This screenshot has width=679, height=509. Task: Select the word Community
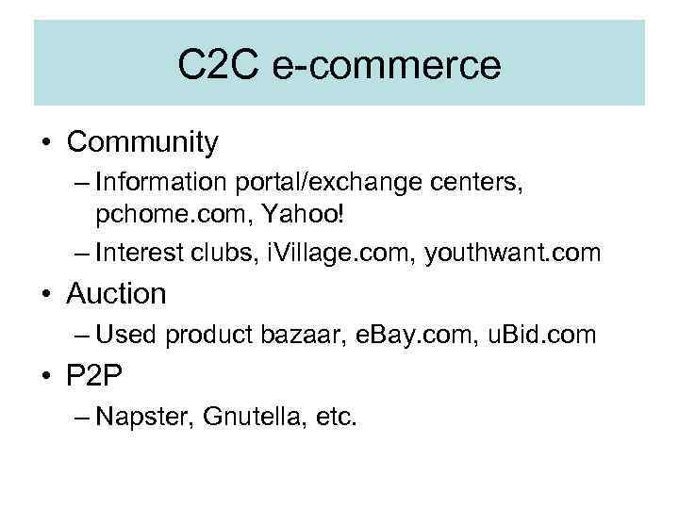pos(142,142)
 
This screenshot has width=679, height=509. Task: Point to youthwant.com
pos(514,252)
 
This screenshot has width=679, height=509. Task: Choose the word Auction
pos(116,294)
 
